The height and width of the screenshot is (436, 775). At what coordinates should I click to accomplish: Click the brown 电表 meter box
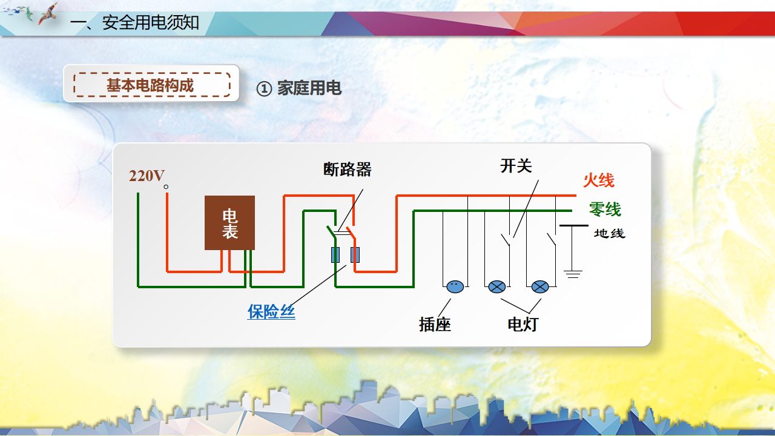pyautogui.click(x=229, y=223)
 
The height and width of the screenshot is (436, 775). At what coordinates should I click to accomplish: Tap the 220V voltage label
pyautogui.click(x=147, y=176)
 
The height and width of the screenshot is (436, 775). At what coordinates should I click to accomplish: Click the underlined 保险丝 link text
pyautogui.click(x=271, y=311)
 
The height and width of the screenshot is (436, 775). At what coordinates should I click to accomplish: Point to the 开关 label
pyautogui.click(x=516, y=165)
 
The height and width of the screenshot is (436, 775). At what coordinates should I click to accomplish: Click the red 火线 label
pyautogui.click(x=598, y=180)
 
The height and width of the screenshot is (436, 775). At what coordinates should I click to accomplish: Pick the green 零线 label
pyautogui.click(x=605, y=210)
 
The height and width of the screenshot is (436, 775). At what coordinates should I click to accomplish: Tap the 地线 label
pyautogui.click(x=609, y=233)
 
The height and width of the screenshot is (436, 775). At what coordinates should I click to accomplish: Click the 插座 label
pyautogui.click(x=435, y=325)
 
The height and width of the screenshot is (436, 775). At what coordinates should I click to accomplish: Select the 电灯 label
pyautogui.click(x=523, y=325)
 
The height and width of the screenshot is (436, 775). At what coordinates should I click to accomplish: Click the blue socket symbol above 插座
pyautogui.click(x=455, y=287)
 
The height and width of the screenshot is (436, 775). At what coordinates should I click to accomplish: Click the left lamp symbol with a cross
pyautogui.click(x=497, y=287)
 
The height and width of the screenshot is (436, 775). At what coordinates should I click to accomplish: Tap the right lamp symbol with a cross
pyautogui.click(x=539, y=287)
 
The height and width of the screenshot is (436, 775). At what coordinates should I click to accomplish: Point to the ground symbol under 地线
pyautogui.click(x=573, y=273)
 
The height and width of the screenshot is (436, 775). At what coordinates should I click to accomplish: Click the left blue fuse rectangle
pyautogui.click(x=335, y=255)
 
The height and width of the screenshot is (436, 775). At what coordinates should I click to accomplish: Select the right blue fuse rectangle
pyautogui.click(x=355, y=255)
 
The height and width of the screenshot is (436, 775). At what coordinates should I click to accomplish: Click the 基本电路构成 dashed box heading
pyautogui.click(x=151, y=85)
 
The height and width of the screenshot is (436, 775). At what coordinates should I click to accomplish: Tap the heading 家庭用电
pyautogui.click(x=309, y=88)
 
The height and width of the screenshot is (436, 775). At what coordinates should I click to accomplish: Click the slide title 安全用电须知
pyautogui.click(x=150, y=23)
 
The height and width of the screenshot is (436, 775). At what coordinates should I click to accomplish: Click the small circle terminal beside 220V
pyautogui.click(x=166, y=187)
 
